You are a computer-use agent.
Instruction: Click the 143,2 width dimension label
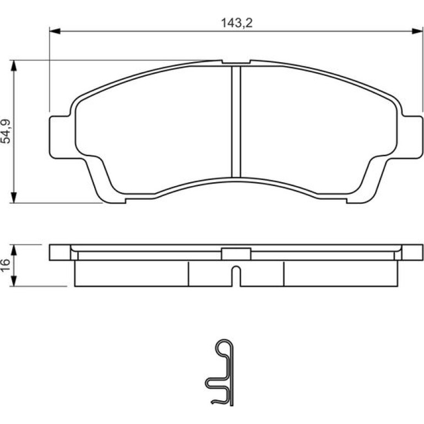click(237, 23)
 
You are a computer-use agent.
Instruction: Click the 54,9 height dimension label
click(6, 131)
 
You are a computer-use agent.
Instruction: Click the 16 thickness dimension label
click(6, 265)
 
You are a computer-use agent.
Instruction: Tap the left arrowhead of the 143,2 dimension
click(55, 31)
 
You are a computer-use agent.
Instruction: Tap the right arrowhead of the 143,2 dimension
click(417, 31)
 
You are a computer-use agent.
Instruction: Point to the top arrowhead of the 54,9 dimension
click(14, 66)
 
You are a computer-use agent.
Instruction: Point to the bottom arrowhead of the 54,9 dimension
click(14, 197)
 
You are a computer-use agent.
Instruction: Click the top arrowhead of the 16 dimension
click(14, 250)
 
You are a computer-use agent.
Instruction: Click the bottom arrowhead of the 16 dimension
click(14, 281)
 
